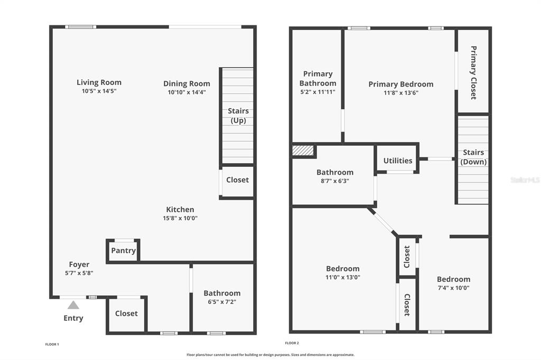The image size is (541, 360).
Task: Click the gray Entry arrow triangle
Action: tap(73, 305)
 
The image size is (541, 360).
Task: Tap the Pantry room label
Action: tap(123, 251)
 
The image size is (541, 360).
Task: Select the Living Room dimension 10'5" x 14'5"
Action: tap(99, 91)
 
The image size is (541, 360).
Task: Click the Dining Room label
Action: tap(186, 83)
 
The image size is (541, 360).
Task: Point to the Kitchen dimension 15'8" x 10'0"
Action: tap(180, 218)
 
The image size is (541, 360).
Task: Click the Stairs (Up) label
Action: tap(238, 116)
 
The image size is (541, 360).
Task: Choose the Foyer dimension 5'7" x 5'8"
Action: tap(79, 273)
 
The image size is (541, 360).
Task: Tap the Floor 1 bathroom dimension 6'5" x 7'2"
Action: tap(222, 302)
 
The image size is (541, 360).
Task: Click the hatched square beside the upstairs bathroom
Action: tap(303, 150)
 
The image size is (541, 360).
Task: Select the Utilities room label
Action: tap(398, 160)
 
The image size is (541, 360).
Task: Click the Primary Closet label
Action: tap(473, 73)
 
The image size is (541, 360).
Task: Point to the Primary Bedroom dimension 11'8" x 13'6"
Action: tap(401, 93)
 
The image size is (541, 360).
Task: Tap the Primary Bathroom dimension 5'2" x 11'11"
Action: tap(318, 92)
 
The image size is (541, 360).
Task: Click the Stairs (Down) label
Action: tap(473, 157)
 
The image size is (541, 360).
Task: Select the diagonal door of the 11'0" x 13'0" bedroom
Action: tap(383, 222)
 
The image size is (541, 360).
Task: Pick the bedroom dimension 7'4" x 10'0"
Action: tap(453, 288)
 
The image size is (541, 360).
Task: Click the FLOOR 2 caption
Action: tap(292, 343)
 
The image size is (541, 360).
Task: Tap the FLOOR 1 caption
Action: tap(52, 344)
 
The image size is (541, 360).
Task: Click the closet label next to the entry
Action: tap(126, 314)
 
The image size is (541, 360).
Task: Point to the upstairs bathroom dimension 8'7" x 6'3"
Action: tap(335, 181)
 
